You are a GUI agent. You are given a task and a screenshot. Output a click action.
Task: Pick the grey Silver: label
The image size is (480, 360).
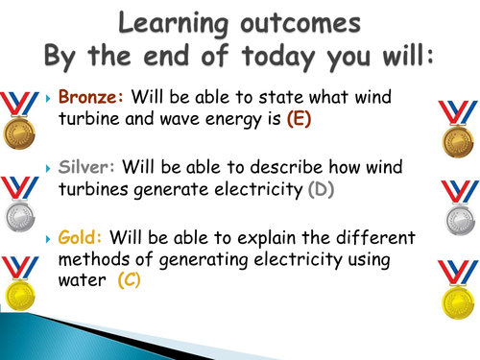[84, 169]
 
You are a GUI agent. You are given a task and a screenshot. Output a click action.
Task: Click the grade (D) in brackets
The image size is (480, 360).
[320, 190]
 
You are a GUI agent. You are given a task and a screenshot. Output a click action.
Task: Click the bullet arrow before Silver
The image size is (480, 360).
[49, 170]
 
